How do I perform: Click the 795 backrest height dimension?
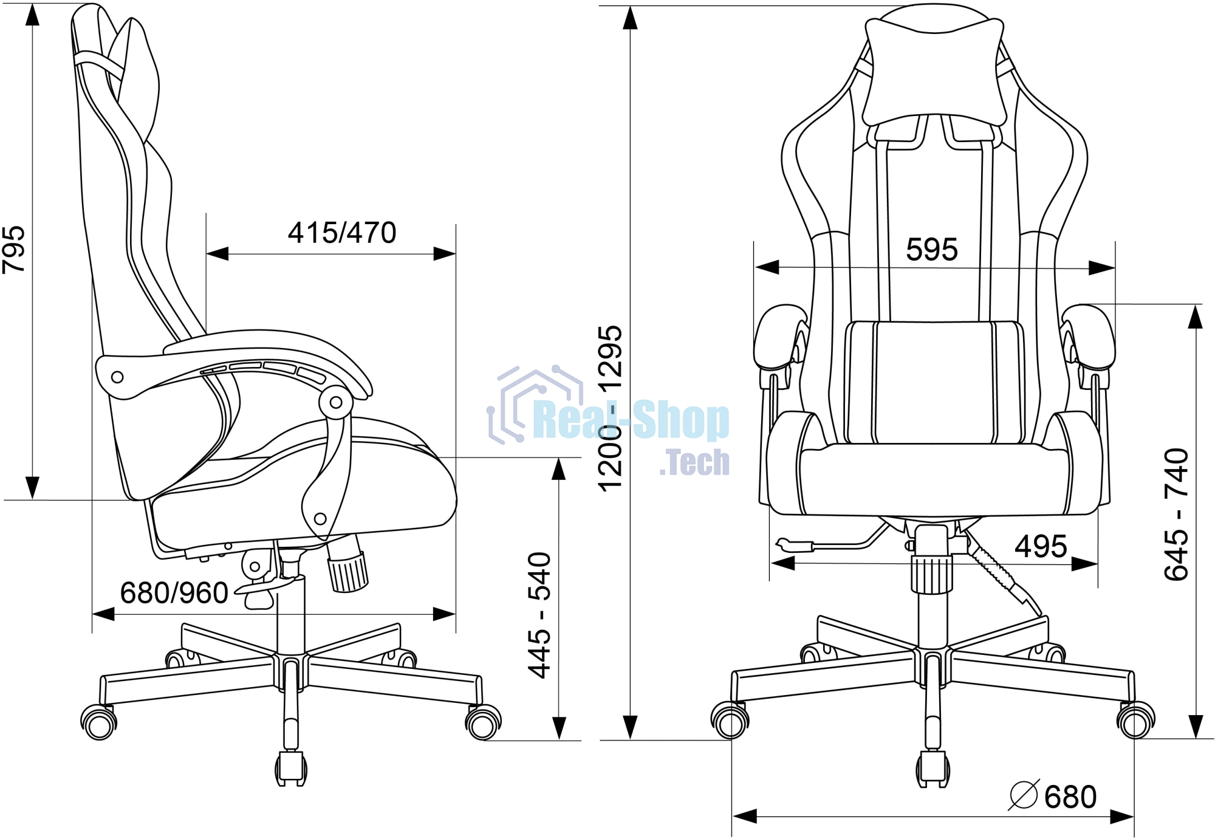[13, 250]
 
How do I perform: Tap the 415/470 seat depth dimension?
[342, 233]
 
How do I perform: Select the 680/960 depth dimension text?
[174, 593]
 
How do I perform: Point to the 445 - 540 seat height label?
[539, 615]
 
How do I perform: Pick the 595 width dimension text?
[932, 250]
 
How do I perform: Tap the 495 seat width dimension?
[1041, 547]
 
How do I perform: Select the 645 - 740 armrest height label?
[1176, 515]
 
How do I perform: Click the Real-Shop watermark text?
[631, 420]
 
